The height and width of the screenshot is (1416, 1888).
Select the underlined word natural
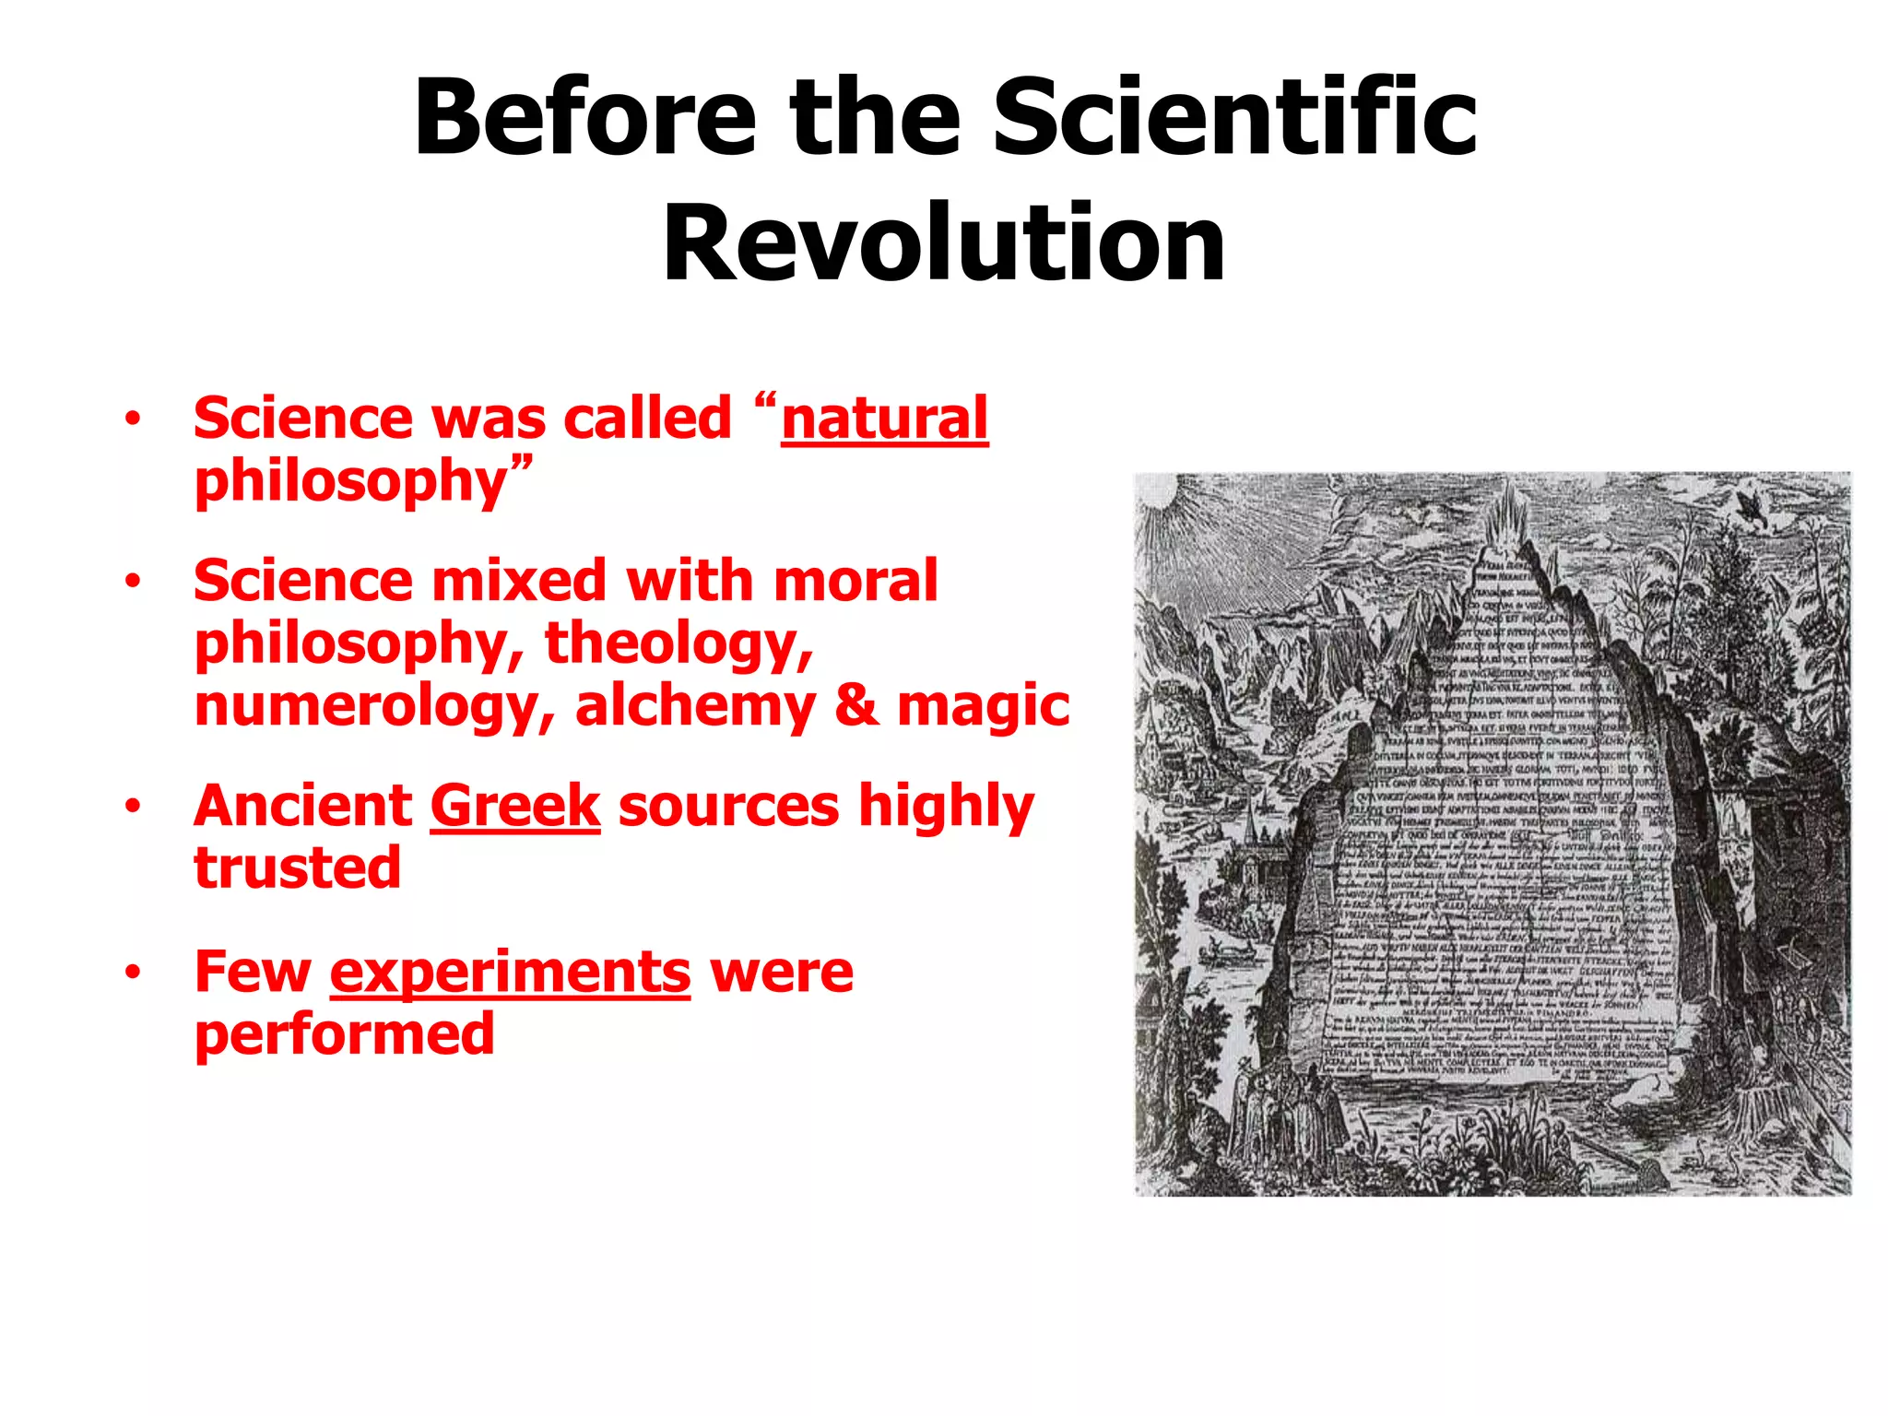tap(884, 419)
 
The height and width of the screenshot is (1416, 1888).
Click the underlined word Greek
tap(514, 806)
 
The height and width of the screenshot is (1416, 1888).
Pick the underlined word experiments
tap(510, 972)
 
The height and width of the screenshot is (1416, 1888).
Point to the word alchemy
tap(695, 706)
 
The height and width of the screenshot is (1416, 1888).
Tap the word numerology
tap(373, 708)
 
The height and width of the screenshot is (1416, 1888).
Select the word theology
tap(678, 643)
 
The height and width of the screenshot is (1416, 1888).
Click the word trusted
tap(297, 868)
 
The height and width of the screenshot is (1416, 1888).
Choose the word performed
tap(344, 1034)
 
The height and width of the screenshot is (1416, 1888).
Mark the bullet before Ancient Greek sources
tap(134, 806)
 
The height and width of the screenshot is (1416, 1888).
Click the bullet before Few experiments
tap(134, 972)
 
